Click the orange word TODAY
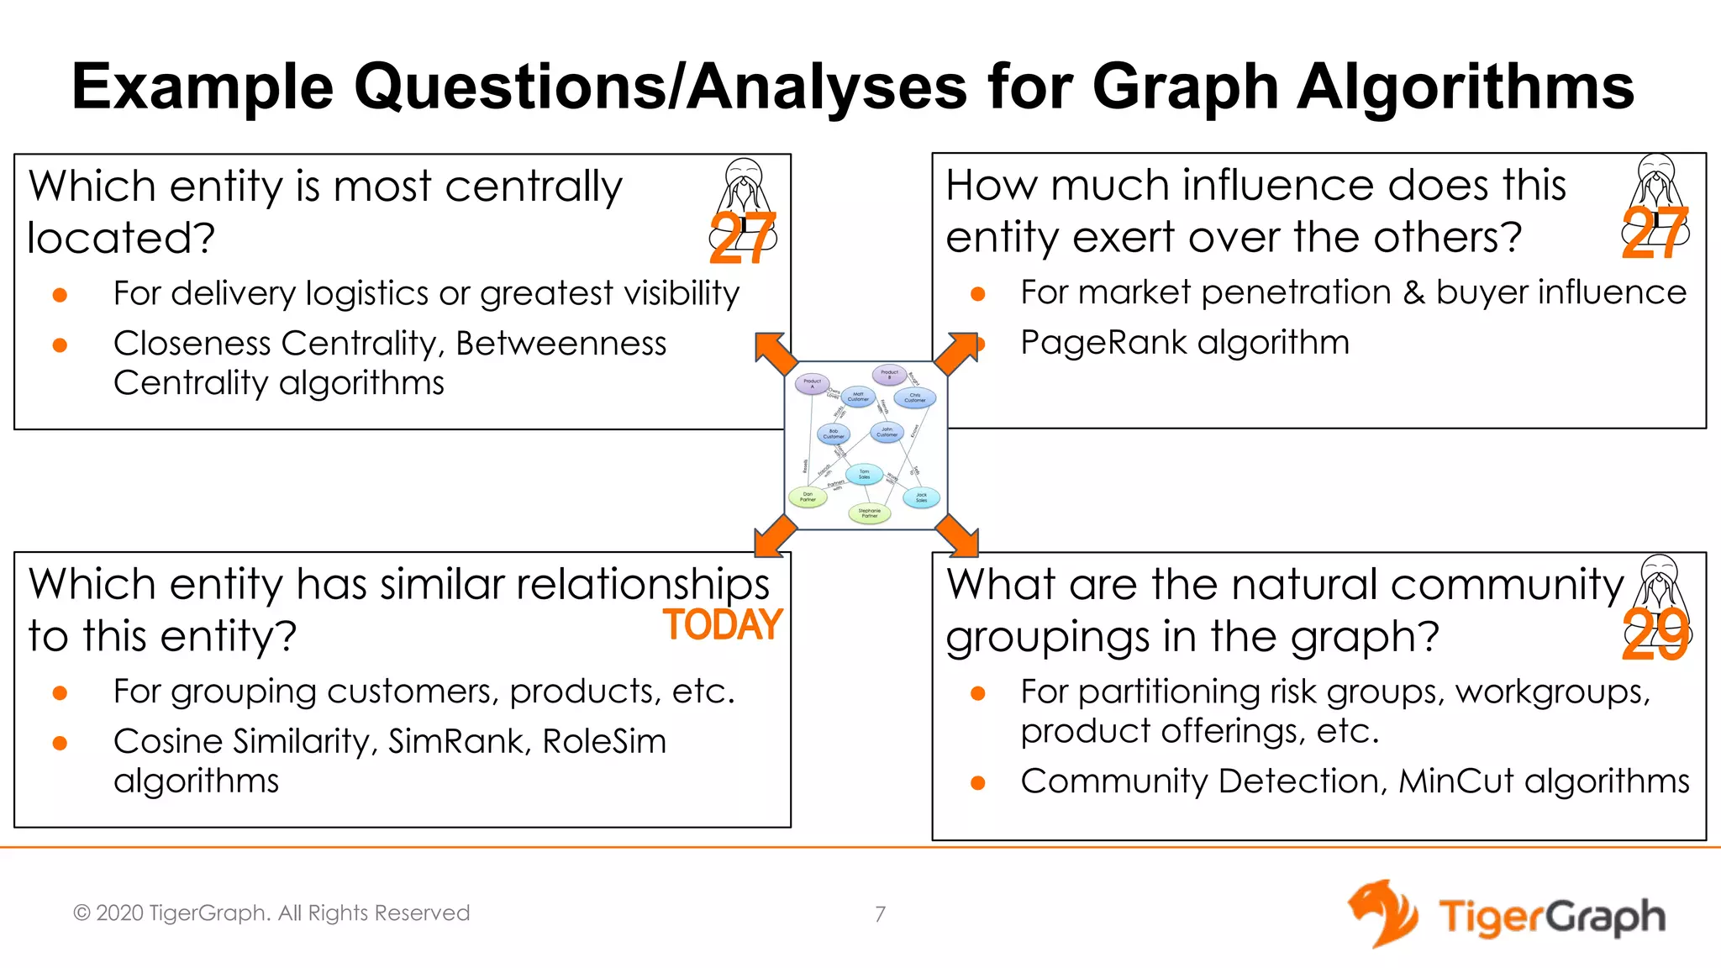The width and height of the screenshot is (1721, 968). click(723, 625)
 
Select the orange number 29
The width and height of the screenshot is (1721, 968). click(1655, 635)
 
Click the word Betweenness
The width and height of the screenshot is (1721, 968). click(561, 344)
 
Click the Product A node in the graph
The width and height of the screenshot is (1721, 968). click(812, 384)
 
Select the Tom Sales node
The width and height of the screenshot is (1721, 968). click(864, 475)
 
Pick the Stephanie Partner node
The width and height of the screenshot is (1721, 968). click(870, 513)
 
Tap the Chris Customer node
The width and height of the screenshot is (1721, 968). click(914, 398)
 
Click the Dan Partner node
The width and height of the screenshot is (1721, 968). click(808, 497)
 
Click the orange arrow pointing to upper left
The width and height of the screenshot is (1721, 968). click(775, 354)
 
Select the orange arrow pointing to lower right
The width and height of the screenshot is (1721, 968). click(957, 535)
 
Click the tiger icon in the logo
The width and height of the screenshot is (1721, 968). click(1383, 914)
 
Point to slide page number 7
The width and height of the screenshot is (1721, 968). click(880, 914)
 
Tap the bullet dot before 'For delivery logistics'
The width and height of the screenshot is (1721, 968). click(60, 295)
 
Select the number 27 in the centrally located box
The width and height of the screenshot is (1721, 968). click(741, 238)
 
